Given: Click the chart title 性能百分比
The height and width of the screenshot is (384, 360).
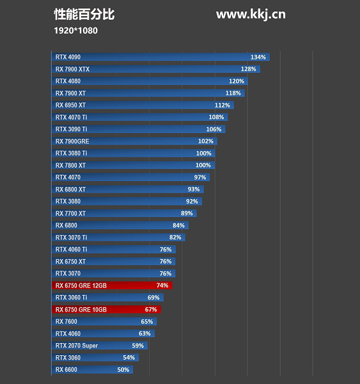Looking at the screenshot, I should pyautogui.click(x=84, y=14).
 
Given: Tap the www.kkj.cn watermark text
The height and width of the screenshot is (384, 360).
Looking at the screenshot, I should pyautogui.click(x=251, y=14).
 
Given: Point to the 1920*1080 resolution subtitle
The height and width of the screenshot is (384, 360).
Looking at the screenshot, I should pyautogui.click(x=76, y=30).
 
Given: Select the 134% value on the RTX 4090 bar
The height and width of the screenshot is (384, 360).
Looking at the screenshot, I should pyautogui.click(x=258, y=57).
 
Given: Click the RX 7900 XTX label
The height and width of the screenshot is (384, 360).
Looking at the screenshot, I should pyautogui.click(x=72, y=69).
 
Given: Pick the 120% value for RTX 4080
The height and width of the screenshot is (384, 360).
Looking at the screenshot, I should pyautogui.click(x=237, y=81).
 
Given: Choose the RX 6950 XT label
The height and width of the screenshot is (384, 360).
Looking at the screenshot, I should pyautogui.click(x=70, y=105).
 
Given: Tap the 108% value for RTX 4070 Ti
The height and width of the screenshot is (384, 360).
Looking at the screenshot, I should pyautogui.click(x=216, y=117).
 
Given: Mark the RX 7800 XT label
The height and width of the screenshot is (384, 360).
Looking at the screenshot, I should pyautogui.click(x=70, y=165).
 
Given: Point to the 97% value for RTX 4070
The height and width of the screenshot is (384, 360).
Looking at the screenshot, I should pyautogui.click(x=200, y=177).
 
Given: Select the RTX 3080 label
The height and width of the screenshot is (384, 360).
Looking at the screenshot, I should pyautogui.click(x=68, y=201).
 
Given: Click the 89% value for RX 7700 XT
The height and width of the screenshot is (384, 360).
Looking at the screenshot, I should pyautogui.click(x=187, y=213).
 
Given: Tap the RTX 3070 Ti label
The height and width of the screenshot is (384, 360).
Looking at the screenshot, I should pyautogui.click(x=71, y=237).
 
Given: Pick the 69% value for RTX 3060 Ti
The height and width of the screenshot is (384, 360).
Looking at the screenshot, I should pyautogui.click(x=153, y=298).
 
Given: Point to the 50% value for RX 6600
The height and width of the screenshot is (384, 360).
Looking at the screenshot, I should pyautogui.click(x=123, y=370).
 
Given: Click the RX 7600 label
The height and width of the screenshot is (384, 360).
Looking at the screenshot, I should pyautogui.click(x=66, y=321).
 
